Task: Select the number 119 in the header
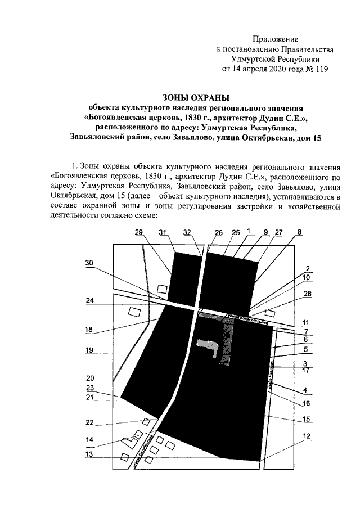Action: [x=319, y=69]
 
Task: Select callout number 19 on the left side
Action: [x=89, y=349]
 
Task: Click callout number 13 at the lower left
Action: [x=89, y=454]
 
